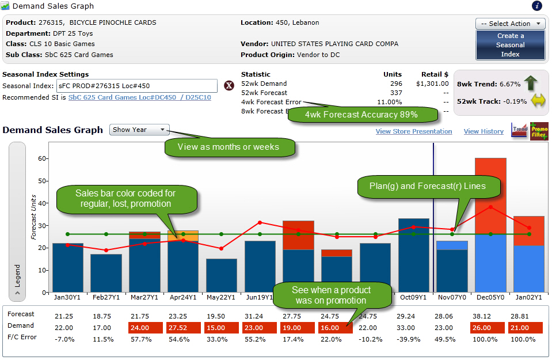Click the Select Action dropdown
tap(510, 24)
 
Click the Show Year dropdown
tap(139, 130)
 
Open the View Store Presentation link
tap(413, 131)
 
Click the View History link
tap(483, 131)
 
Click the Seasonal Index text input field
tap(136, 86)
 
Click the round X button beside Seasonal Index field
tap(229, 86)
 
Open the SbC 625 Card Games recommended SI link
tap(139, 98)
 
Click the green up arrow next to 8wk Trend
tap(531, 84)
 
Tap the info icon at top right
tap(536, 6)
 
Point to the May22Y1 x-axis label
tap(221, 297)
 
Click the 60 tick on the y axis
tap(41, 158)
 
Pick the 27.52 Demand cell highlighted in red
tap(183, 328)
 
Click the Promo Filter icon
tap(539, 131)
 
